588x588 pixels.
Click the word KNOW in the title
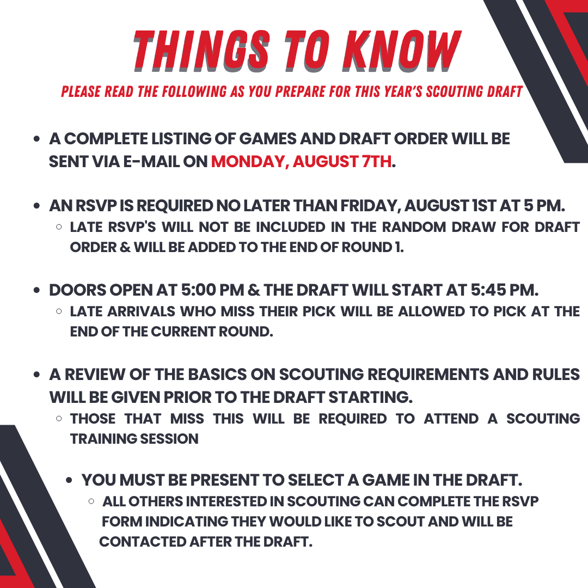pos(402,51)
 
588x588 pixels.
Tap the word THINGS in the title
pos(202,51)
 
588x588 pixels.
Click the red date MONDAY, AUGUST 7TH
pos(301,162)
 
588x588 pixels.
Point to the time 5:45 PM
pos(504,290)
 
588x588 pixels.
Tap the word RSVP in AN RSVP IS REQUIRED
pos(97,205)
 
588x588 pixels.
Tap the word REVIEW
pos(95,374)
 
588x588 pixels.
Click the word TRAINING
pos(101,439)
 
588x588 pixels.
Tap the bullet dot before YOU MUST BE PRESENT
pos(69,480)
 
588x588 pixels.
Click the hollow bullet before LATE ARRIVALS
pos(59,311)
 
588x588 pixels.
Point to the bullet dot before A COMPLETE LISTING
pos(36,139)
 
